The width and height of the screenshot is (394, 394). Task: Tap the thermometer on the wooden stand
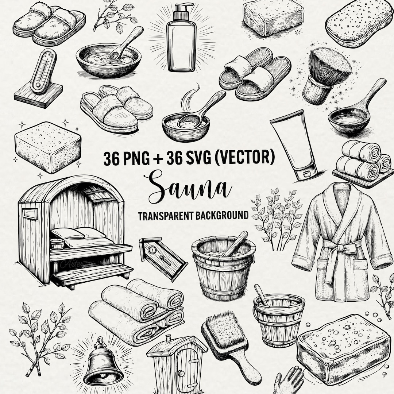43,71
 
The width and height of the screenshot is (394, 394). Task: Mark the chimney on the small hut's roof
168,338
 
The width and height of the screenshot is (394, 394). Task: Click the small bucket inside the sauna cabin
57,244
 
